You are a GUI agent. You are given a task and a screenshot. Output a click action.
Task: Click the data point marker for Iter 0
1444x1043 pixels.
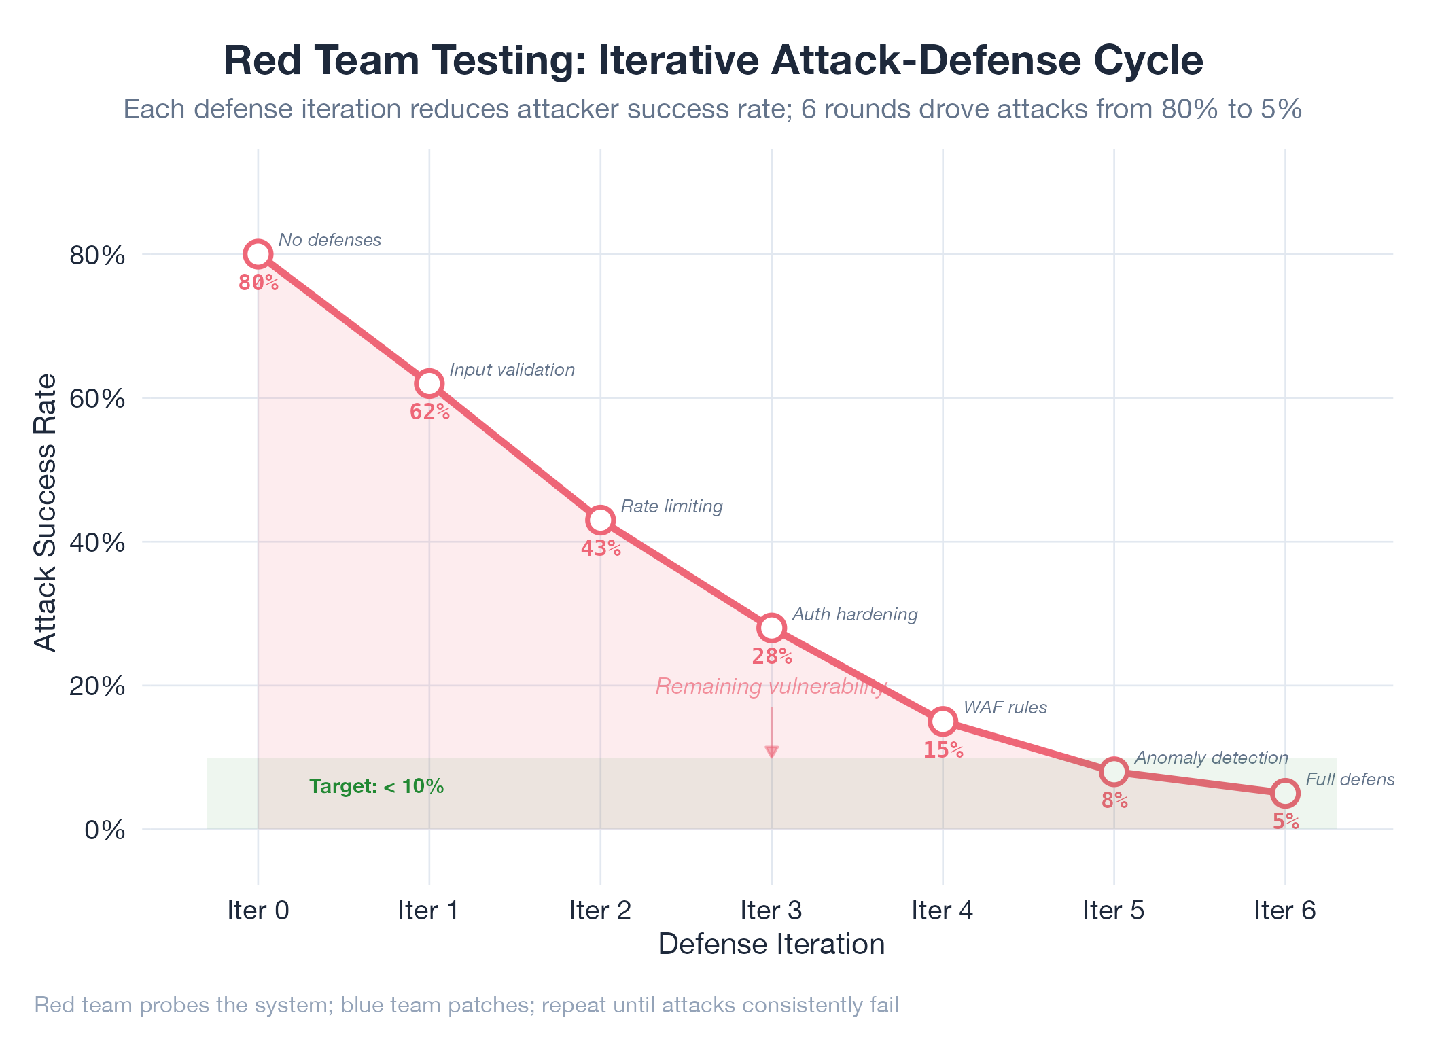(x=258, y=254)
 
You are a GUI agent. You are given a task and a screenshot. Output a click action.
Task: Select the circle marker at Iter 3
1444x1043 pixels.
(x=772, y=628)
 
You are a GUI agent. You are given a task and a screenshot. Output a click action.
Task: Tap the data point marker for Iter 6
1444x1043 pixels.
(x=1286, y=793)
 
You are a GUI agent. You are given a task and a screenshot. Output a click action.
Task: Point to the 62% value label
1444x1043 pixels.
(x=429, y=412)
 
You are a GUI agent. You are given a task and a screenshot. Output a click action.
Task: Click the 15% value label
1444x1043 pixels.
(x=943, y=750)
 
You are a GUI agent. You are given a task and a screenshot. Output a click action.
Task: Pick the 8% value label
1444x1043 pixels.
(x=1114, y=800)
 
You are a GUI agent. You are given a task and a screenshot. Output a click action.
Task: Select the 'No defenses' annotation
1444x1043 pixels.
(x=330, y=240)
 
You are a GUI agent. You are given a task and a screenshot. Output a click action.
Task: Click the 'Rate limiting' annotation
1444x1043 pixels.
(x=671, y=506)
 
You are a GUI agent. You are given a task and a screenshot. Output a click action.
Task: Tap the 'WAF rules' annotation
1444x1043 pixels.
(x=1005, y=707)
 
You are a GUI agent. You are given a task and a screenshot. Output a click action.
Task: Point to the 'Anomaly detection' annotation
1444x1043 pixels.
(x=1211, y=758)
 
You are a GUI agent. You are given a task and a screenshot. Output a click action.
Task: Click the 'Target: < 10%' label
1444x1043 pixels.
(x=376, y=787)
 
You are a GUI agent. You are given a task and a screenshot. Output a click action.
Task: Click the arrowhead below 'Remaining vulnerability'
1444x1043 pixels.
(x=772, y=752)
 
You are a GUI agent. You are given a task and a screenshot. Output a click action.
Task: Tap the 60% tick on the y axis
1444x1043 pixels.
(x=97, y=398)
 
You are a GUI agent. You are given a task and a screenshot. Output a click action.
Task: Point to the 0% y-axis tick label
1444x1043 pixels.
(x=104, y=830)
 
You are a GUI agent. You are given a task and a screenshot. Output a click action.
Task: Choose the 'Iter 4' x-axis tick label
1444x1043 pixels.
(x=943, y=911)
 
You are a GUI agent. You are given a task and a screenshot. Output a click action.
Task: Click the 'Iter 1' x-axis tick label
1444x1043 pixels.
(x=429, y=911)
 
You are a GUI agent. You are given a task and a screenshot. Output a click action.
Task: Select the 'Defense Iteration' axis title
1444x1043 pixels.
(x=771, y=944)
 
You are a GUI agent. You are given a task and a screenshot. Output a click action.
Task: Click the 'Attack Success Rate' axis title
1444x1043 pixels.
(x=46, y=512)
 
